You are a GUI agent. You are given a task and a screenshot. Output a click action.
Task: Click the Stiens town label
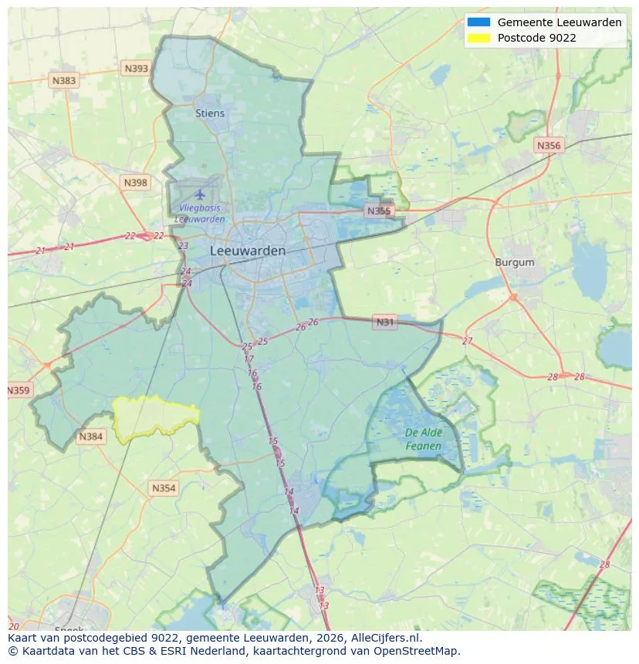pyautogui.click(x=210, y=113)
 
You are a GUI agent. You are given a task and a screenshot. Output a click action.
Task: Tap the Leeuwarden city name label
pyautogui.click(x=248, y=251)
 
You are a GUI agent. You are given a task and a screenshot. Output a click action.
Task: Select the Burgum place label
pyautogui.click(x=515, y=262)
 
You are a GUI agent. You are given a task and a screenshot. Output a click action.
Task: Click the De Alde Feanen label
pyautogui.click(x=424, y=440)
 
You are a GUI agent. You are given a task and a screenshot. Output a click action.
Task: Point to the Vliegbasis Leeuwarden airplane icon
pyautogui.click(x=201, y=194)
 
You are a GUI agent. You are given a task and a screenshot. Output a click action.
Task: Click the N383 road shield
pyautogui.click(x=64, y=80)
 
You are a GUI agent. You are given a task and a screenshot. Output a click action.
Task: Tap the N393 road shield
pyautogui.click(x=136, y=69)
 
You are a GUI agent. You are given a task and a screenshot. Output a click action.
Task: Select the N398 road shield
pyautogui.click(x=135, y=182)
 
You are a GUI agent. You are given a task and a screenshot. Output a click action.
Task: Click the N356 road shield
pyautogui.click(x=549, y=145)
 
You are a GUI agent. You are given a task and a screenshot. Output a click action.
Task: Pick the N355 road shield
pyautogui.click(x=379, y=211)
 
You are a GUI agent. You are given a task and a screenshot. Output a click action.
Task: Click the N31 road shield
pyautogui.click(x=384, y=322)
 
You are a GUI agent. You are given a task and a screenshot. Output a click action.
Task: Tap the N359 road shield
pyautogui.click(x=19, y=391)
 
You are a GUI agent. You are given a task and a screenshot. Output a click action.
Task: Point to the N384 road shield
pyautogui.click(x=90, y=437)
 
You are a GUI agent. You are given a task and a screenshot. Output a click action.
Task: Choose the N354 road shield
pyautogui.click(x=164, y=488)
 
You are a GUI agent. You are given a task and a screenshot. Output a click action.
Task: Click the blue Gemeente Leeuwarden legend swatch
pyautogui.click(x=478, y=22)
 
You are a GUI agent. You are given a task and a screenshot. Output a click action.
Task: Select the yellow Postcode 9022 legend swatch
pyautogui.click(x=478, y=38)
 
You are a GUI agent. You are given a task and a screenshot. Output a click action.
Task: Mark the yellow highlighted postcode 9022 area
pyautogui.click(x=154, y=418)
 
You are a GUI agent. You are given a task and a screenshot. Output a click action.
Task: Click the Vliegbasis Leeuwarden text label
pyautogui.click(x=200, y=214)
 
